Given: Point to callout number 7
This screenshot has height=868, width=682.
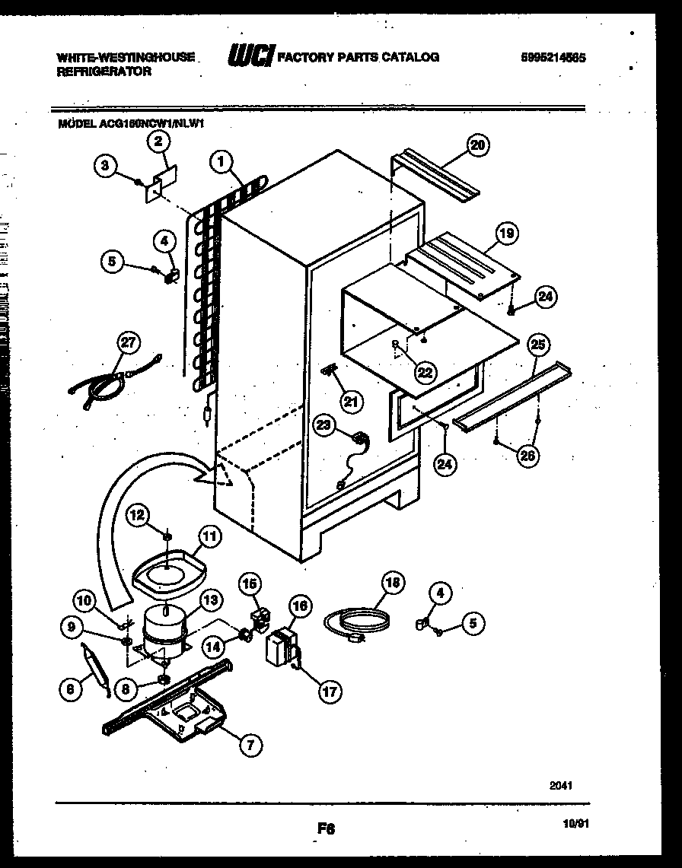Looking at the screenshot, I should tap(248, 745).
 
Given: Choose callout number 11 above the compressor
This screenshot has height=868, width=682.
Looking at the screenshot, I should tap(210, 536).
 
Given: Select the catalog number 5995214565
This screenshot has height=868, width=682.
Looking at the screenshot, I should tap(553, 57).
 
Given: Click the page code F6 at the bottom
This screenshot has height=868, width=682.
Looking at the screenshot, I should tap(327, 828).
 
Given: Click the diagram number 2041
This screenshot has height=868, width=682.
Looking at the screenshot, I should tap(562, 784).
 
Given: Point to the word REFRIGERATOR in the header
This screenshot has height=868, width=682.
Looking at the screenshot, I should tap(104, 71).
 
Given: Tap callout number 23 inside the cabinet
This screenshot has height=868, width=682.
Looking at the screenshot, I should tap(324, 428).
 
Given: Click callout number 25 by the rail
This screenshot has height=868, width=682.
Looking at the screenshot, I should tap(538, 346).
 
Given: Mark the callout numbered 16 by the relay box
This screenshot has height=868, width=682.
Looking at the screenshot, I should tap(301, 606).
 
